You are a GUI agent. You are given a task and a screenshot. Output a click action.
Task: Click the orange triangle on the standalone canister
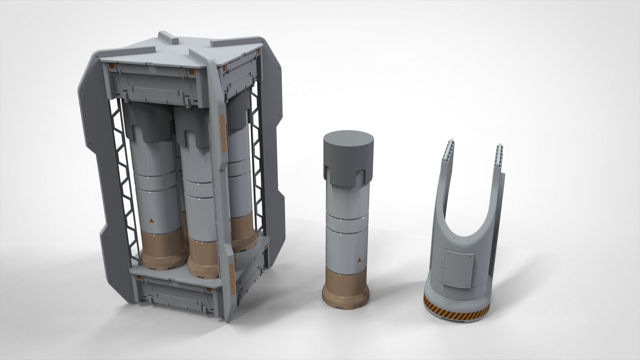coord(359,260)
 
